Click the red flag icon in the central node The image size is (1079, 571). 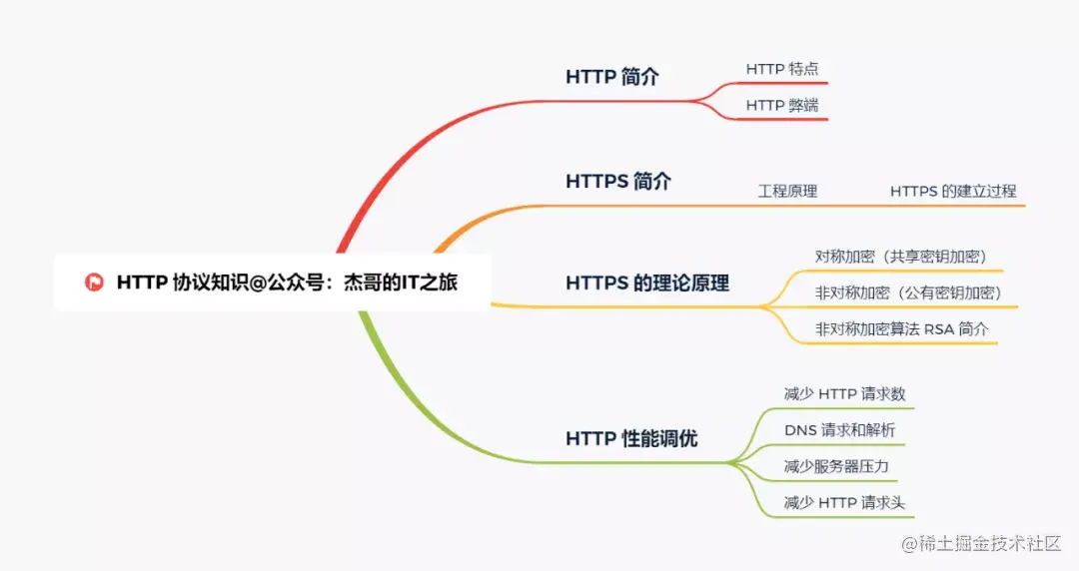[x=94, y=283]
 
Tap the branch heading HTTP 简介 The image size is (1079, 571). [x=611, y=76]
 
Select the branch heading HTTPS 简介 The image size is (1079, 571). [x=618, y=182]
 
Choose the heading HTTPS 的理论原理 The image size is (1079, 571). [x=646, y=283]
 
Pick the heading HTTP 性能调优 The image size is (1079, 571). [x=631, y=438]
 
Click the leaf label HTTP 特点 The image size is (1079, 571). [x=781, y=69]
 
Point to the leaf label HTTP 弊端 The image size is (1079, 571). [x=781, y=105]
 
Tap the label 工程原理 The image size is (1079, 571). [x=787, y=192]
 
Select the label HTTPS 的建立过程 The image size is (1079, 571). [x=953, y=192]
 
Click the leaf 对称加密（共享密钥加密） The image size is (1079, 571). [x=901, y=257]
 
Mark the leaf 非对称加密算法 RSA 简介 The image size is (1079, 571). [x=901, y=329]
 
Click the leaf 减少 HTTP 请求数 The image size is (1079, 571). [x=844, y=394]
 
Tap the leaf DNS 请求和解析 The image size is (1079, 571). [x=839, y=430]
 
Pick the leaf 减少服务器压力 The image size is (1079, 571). [x=836, y=466]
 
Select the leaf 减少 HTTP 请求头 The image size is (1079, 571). [x=844, y=503]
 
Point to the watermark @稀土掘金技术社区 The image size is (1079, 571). [x=981, y=543]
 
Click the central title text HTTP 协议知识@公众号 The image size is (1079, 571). [x=220, y=283]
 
